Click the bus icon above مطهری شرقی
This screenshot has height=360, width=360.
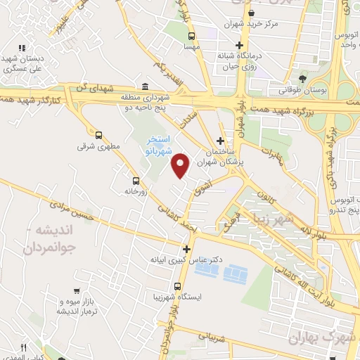pyautogui.click(x=98, y=135)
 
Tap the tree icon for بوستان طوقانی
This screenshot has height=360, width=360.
pyautogui.click(x=303, y=78)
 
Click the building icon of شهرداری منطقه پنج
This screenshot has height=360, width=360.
pyautogui.click(x=145, y=86)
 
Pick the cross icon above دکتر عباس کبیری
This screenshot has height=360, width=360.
pyautogui.click(x=186, y=248)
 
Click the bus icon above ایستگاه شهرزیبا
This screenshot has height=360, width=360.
pyautogui.click(x=179, y=286)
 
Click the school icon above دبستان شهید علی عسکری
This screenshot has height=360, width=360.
pyautogui.click(x=22, y=48)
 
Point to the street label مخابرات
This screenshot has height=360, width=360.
pyautogui.click(x=276, y=158)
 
